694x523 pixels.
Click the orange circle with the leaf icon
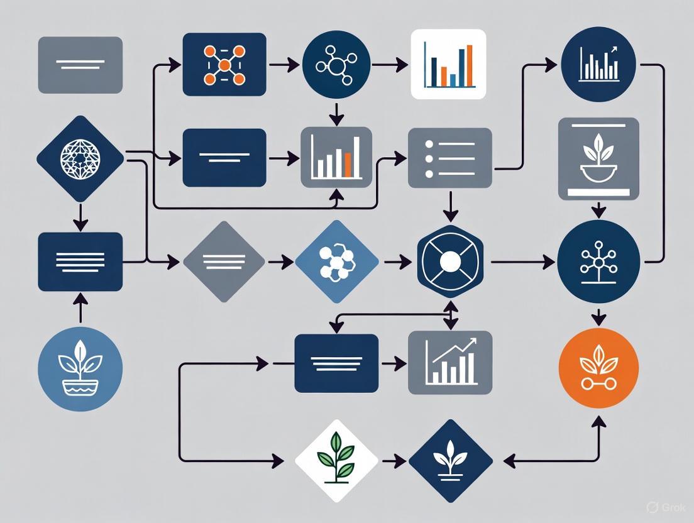(598, 368)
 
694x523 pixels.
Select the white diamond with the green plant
(337, 461)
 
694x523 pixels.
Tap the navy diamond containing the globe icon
(80, 158)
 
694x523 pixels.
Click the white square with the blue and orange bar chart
(448, 63)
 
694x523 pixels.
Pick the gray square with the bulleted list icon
(449, 158)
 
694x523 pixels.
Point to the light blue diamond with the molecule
(337, 261)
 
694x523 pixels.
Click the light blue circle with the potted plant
(80, 370)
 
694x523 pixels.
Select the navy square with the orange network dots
(224, 64)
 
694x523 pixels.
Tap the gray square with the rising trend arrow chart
(450, 362)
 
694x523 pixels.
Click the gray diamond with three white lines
(224, 261)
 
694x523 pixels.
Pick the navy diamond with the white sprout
(450, 461)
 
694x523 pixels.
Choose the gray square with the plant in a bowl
(598, 158)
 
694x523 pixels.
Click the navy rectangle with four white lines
(80, 261)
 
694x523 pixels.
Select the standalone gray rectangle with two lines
(80, 65)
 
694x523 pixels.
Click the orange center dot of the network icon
(224, 65)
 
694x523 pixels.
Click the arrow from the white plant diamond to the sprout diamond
(394, 461)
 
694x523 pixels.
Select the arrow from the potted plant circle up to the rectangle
(80, 309)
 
